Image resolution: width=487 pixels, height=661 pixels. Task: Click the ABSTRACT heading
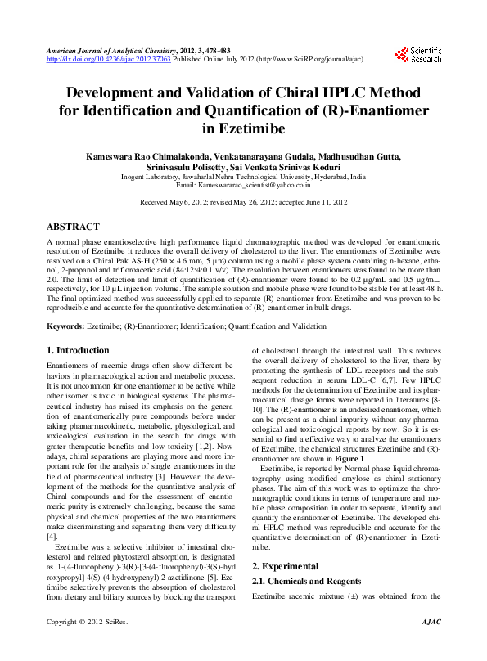73,227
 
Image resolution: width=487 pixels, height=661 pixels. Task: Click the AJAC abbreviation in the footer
430,645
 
